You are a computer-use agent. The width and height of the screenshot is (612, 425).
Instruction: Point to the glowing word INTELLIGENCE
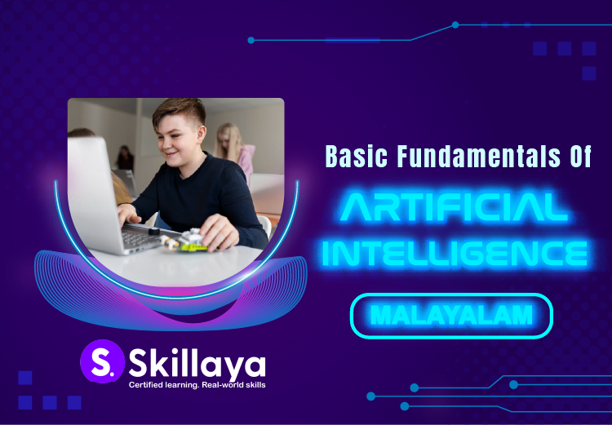click(454, 251)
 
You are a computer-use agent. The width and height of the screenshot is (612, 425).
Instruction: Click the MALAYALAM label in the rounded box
click(451, 314)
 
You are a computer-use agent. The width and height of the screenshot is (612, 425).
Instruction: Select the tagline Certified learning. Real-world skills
click(197, 384)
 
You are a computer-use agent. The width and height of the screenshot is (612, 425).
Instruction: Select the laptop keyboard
click(144, 237)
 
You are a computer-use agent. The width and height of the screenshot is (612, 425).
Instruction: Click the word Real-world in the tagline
click(215, 384)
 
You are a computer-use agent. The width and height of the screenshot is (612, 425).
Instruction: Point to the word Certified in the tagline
click(145, 384)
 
